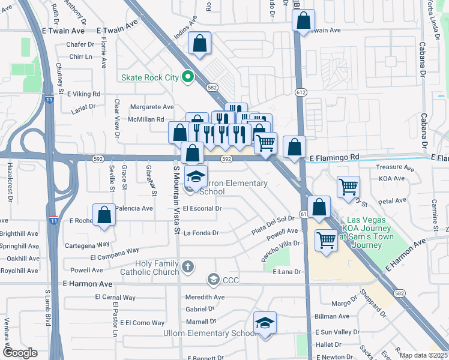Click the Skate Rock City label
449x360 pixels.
tap(150, 77)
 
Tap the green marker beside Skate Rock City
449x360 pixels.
tap(187, 77)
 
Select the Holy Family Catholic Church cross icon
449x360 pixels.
tap(188, 266)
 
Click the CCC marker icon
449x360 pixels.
tap(213, 280)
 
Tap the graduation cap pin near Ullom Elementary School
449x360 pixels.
tap(265, 323)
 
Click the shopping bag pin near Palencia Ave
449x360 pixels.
tap(104, 215)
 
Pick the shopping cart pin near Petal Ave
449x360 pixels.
tap(348, 187)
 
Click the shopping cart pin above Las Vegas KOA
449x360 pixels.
tap(327, 240)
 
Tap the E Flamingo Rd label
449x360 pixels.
tap(334, 157)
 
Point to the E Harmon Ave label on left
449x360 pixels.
tap(87, 283)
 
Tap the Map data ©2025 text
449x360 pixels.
tap(423, 355)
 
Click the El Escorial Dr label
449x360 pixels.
tap(203, 209)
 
